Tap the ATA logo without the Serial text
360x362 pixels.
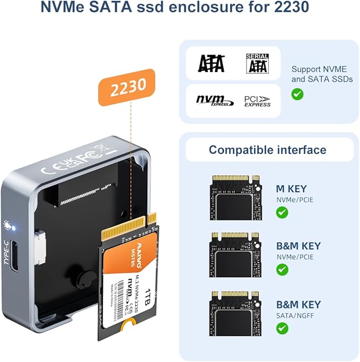(211, 64)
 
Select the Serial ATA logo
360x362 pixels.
(258, 63)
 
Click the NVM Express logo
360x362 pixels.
(214, 101)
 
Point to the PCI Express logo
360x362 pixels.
(257, 101)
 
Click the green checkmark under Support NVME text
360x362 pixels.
(297, 94)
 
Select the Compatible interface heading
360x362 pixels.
(267, 149)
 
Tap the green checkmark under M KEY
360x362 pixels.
(283, 213)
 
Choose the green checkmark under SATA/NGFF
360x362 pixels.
(283, 328)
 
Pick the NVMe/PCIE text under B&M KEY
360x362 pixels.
(295, 257)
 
